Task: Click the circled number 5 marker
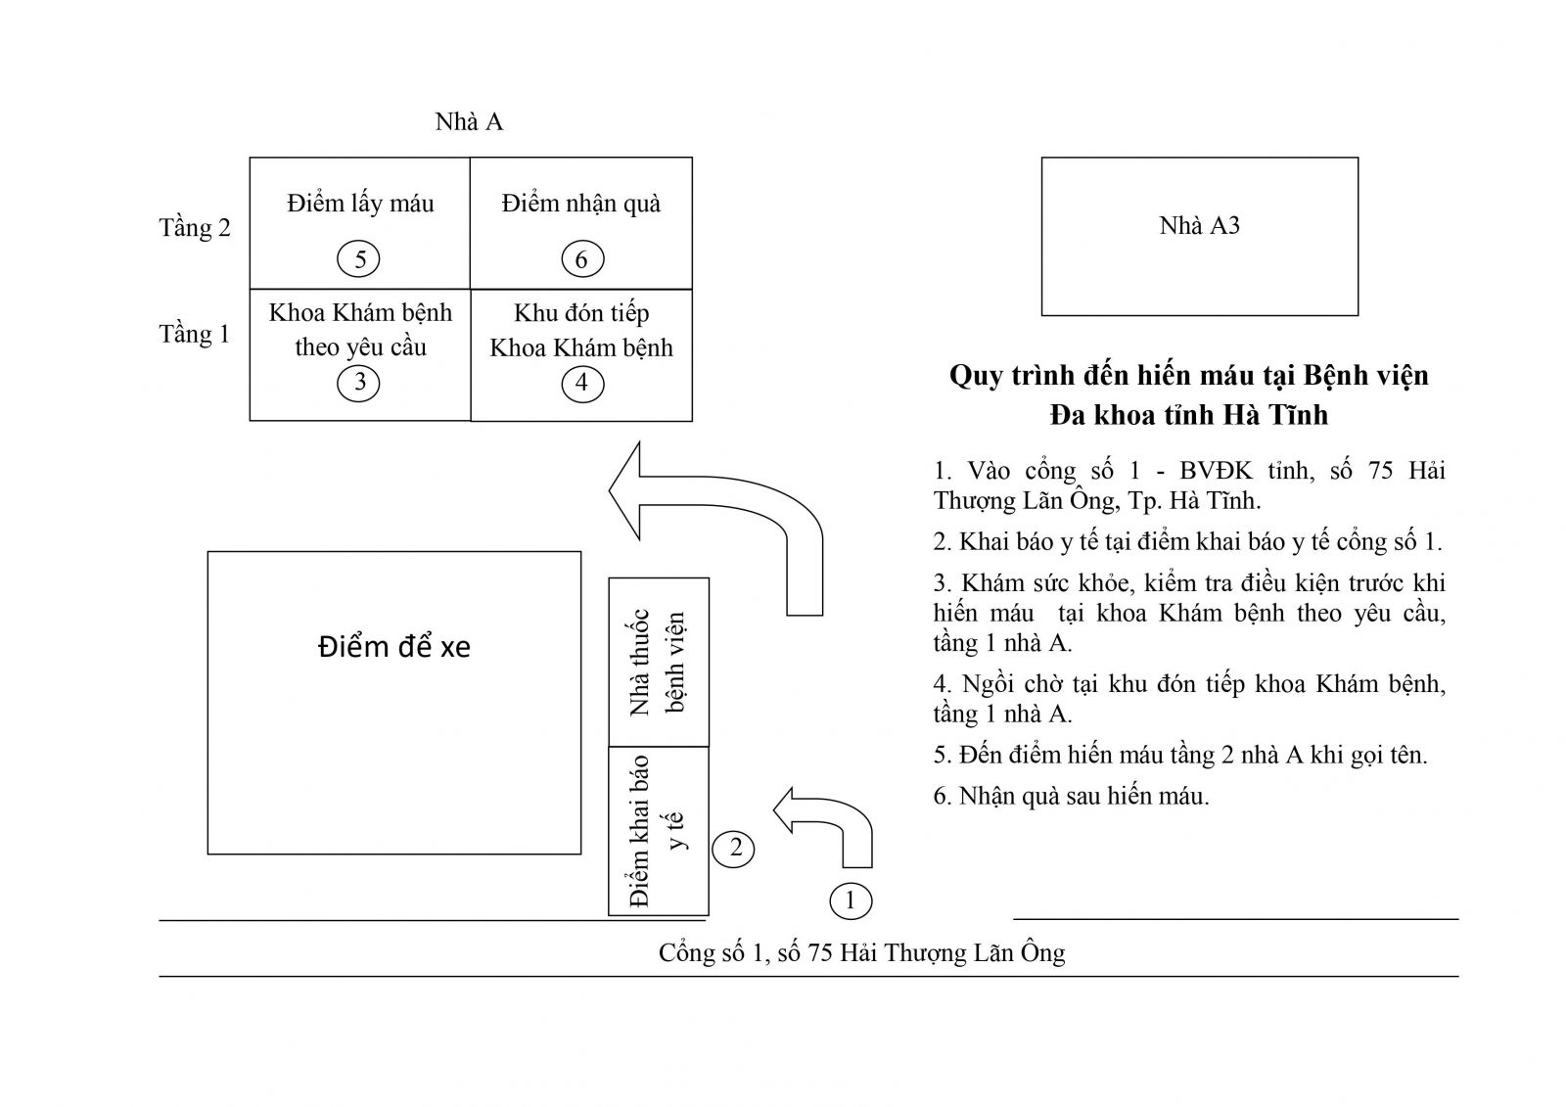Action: pyautogui.click(x=360, y=259)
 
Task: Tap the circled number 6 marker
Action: pyautogui.click(x=581, y=259)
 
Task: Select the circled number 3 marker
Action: pyautogui.click(x=359, y=382)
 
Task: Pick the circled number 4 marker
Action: pyautogui.click(x=581, y=383)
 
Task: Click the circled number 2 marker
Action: pyautogui.click(x=735, y=849)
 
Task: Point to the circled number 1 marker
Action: pyautogui.click(x=850, y=900)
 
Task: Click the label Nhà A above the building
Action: pyautogui.click(x=469, y=121)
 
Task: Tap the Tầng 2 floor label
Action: pyautogui.click(x=195, y=228)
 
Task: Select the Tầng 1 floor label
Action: pyautogui.click(x=195, y=334)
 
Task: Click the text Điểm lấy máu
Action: pyautogui.click(x=360, y=204)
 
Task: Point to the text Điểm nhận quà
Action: pyautogui.click(x=581, y=204)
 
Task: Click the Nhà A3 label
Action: pyautogui.click(x=1199, y=226)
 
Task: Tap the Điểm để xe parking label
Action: pyautogui.click(x=393, y=647)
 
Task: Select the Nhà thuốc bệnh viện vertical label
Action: pyautogui.click(x=658, y=663)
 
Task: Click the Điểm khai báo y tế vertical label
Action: pyautogui.click(x=658, y=831)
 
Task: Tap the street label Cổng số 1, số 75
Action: pyautogui.click(x=861, y=952)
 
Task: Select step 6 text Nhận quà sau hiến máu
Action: pyautogui.click(x=1072, y=796)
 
